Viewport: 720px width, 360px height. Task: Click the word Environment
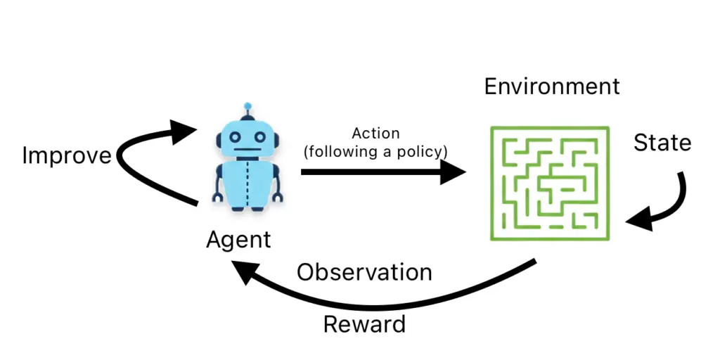pyautogui.click(x=552, y=86)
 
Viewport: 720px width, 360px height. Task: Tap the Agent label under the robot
pyautogui.click(x=238, y=240)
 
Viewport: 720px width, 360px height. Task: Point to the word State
pyautogui.click(x=662, y=143)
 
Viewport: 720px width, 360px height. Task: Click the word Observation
pyautogui.click(x=364, y=272)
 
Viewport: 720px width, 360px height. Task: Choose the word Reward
pyautogui.click(x=364, y=324)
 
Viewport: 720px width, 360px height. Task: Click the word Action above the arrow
pyautogui.click(x=375, y=134)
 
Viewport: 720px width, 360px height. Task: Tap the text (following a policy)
pyautogui.click(x=375, y=151)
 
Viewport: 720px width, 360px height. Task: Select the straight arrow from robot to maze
pyautogui.click(x=373, y=172)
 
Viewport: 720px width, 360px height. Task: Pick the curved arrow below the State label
pyautogui.click(x=664, y=204)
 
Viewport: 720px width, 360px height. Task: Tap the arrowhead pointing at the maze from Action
pyautogui.click(x=455, y=172)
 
